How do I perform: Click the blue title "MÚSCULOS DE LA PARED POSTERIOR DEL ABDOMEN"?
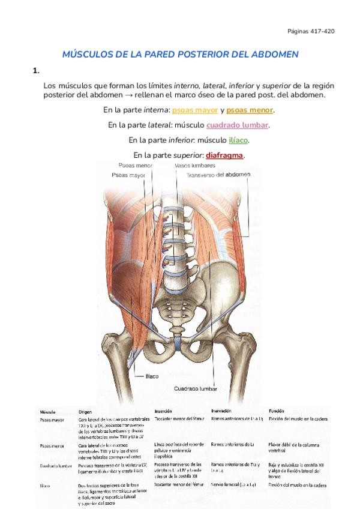(x=181, y=55)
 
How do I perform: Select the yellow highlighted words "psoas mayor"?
(x=195, y=110)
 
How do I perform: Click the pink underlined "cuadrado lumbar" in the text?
(x=237, y=125)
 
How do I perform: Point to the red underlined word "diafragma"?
(x=226, y=155)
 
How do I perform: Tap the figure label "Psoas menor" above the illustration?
(x=136, y=165)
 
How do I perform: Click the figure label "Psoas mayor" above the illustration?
(x=128, y=175)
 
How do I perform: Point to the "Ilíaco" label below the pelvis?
(x=152, y=376)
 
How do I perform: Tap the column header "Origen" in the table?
(x=85, y=412)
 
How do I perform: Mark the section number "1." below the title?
(x=37, y=71)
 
